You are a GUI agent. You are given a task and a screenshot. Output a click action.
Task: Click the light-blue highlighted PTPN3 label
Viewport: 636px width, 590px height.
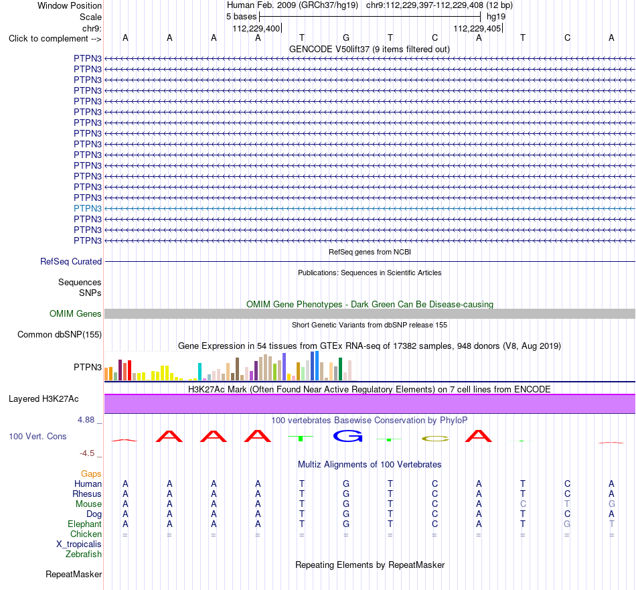tap(88, 208)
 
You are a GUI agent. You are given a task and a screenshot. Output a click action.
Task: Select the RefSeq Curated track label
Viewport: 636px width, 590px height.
tap(71, 262)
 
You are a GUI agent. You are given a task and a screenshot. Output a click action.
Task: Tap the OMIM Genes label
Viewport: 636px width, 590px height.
tap(76, 313)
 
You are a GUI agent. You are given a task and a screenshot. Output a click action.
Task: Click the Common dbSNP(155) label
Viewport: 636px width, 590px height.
tap(60, 335)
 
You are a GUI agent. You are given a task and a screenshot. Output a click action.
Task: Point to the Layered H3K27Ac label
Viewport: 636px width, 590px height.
tap(44, 399)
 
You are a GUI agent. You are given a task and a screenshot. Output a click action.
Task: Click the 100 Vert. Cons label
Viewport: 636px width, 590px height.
tap(37, 436)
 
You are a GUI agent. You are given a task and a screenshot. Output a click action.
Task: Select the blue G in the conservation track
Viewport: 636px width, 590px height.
tap(347, 436)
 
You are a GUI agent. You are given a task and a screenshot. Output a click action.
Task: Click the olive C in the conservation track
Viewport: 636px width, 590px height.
tap(435, 439)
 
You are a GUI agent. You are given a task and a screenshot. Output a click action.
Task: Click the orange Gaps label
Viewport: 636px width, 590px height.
tap(91, 474)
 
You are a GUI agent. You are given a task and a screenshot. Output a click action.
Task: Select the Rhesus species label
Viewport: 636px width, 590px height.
tap(87, 494)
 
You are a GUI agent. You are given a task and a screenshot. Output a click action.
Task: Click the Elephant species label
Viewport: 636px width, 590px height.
tap(84, 524)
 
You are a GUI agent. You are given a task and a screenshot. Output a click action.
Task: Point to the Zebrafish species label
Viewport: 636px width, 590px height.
tap(84, 555)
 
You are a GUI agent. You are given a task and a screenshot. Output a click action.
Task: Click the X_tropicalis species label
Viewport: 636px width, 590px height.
tap(79, 544)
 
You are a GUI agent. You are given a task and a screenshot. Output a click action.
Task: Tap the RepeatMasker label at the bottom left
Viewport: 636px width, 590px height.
tap(74, 575)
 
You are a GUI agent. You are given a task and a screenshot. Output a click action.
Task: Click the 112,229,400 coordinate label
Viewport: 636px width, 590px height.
tap(256, 28)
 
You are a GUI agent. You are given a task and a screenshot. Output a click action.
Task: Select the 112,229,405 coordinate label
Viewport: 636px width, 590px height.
tap(477, 28)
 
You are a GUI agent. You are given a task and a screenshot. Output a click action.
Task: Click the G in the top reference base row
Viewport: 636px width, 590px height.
tap(346, 38)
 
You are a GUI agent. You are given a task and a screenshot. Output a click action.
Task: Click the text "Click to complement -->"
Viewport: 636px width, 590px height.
tap(55, 39)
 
